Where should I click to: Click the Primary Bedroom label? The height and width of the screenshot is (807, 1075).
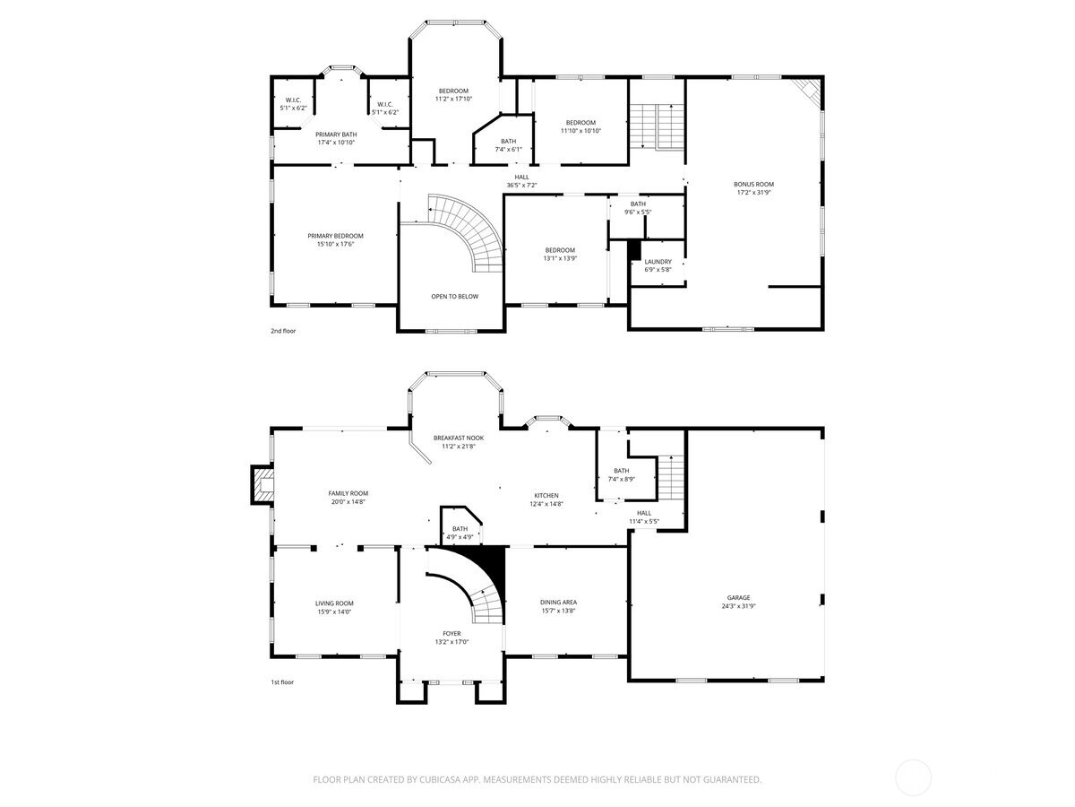[x=335, y=236]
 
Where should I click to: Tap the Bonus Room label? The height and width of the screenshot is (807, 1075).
[x=753, y=184]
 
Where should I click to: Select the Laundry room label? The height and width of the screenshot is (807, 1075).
[x=658, y=262]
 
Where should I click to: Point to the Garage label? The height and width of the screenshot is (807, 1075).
[x=738, y=597]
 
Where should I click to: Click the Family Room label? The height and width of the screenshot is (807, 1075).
[x=348, y=493]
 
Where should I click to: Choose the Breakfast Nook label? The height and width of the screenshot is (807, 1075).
[x=459, y=438]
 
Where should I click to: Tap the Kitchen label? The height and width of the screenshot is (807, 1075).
[x=546, y=495]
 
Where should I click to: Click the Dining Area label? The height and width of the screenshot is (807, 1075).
[x=558, y=603]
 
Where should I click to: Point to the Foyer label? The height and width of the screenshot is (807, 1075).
[x=451, y=633]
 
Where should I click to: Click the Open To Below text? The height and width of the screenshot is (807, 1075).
[x=454, y=296]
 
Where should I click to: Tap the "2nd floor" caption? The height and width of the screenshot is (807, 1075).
[x=283, y=331]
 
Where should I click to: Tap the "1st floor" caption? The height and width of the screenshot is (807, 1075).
[x=283, y=682]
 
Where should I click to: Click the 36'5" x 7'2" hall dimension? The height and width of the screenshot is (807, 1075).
[x=521, y=186]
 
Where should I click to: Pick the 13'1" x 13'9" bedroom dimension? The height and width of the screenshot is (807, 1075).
[x=560, y=258]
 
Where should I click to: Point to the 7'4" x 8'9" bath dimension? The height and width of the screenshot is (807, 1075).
[x=621, y=479]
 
